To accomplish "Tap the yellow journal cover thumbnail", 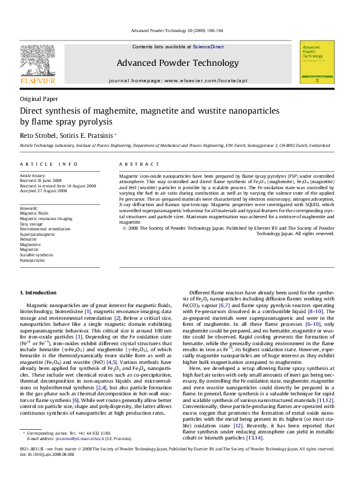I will coord(316,62).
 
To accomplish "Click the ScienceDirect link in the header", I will coord(208,47).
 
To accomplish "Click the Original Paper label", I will coord(39,99).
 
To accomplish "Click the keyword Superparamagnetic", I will coord(38,235).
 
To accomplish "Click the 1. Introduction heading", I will coord(38,293).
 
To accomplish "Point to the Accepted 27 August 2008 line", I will coord(44,190).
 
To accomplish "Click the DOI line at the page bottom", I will coord(49,471).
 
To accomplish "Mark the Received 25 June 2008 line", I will coord(40,180).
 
